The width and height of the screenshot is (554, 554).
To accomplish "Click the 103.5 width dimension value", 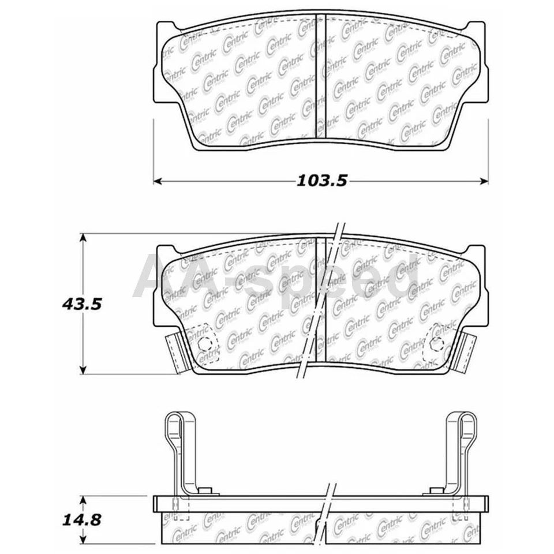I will click(321, 181).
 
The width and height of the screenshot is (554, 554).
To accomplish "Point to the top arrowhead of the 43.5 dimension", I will click(84, 237).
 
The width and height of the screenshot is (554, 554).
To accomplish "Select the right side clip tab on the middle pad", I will click(469, 353).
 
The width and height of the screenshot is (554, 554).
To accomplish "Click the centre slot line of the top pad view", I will click(320, 78).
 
